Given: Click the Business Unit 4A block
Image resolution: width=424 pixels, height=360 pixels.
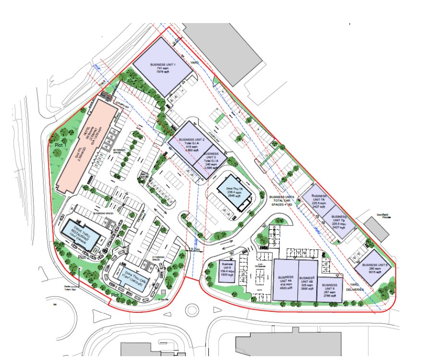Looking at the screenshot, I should point(286,280).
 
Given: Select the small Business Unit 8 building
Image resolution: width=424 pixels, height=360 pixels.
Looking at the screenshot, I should point(227,272).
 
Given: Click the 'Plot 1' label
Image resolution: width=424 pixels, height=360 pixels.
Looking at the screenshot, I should point(60,143).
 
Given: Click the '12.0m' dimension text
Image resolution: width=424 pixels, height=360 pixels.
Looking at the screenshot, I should point(195,250).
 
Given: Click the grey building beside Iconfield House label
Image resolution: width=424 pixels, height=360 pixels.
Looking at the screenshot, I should point(376,229).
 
